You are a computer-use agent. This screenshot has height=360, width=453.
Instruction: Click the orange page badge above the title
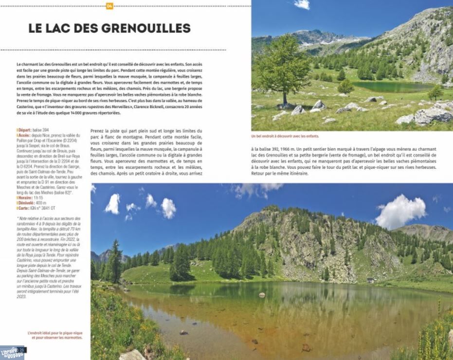109,6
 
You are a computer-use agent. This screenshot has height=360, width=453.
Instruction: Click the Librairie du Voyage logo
12,352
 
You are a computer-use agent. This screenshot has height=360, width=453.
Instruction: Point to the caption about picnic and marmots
55,335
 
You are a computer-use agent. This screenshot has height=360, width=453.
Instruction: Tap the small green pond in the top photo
392,87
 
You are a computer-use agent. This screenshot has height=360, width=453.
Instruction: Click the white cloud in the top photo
302,4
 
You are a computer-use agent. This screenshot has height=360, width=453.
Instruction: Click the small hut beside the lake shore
371,280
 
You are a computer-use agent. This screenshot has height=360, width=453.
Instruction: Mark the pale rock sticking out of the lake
262,295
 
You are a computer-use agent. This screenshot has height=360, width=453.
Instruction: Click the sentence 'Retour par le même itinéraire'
280,173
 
